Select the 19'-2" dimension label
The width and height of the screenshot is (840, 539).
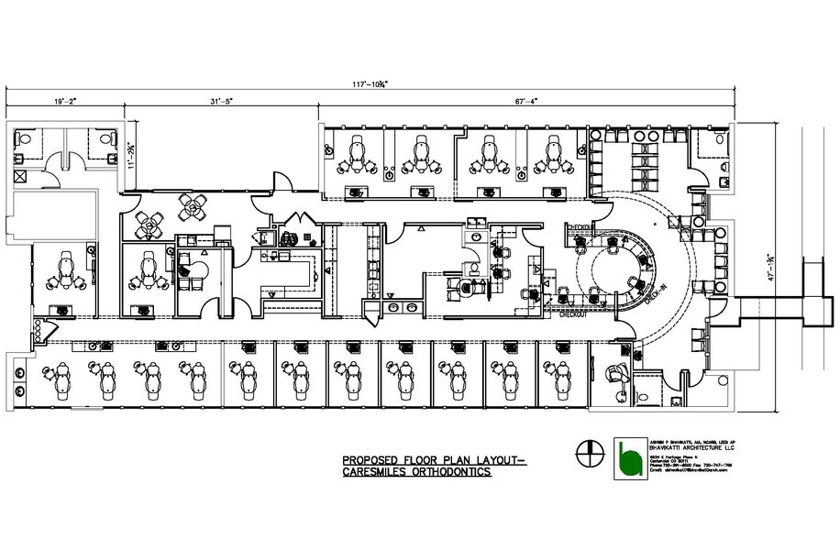(x=65, y=102)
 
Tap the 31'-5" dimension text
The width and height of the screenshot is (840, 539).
(x=223, y=102)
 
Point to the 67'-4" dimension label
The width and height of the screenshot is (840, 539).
(x=526, y=102)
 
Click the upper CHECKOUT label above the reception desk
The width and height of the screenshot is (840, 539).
(x=580, y=227)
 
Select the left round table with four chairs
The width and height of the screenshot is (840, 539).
(x=149, y=223)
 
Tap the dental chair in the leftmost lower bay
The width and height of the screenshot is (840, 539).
(x=50, y=376)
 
